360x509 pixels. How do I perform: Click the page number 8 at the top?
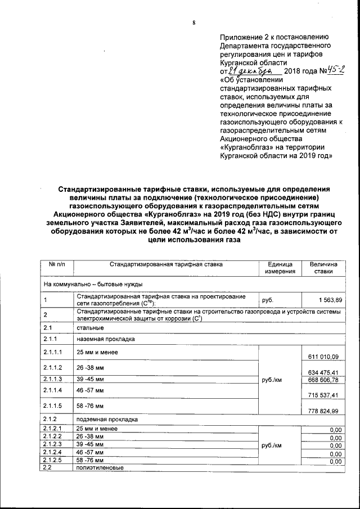pos(193,23)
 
